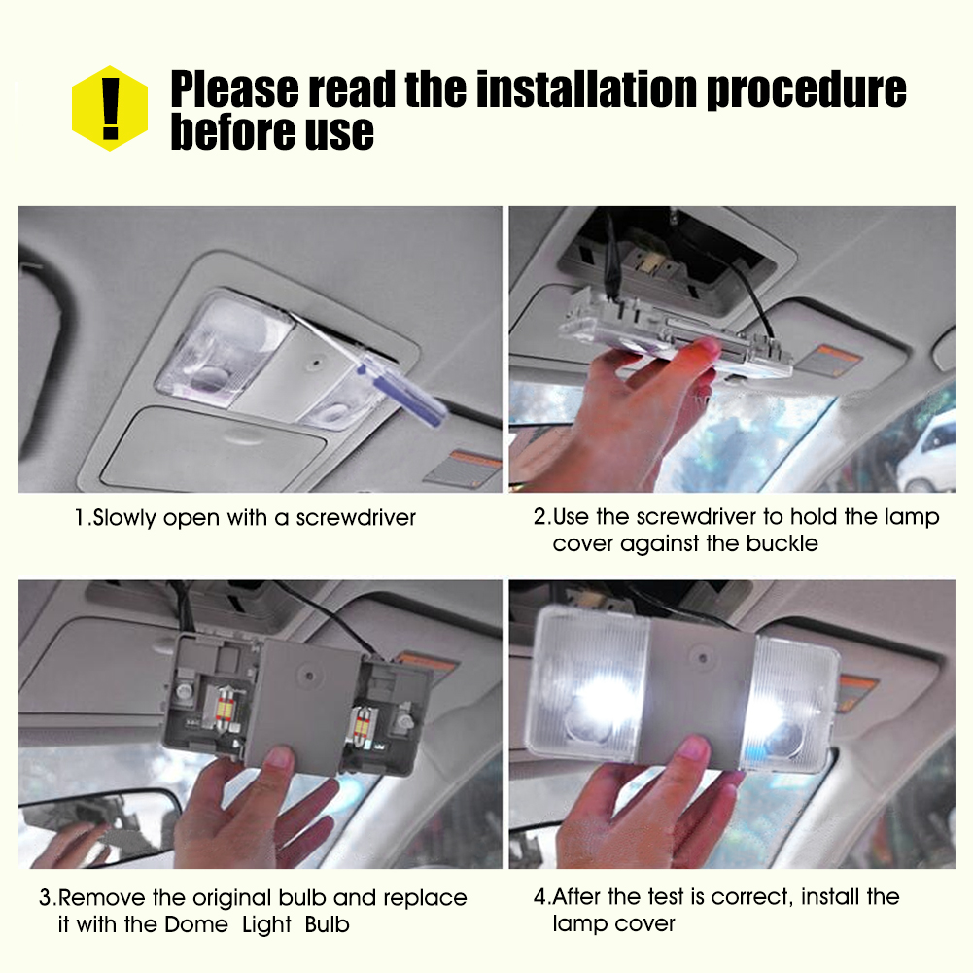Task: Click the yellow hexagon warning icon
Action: tap(110, 108)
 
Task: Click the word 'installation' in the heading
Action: tap(586, 88)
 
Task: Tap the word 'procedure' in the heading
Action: tap(806, 90)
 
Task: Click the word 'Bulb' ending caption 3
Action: tap(327, 924)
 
